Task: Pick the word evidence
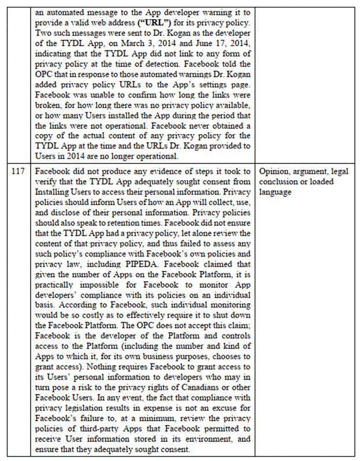tap(137, 172)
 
